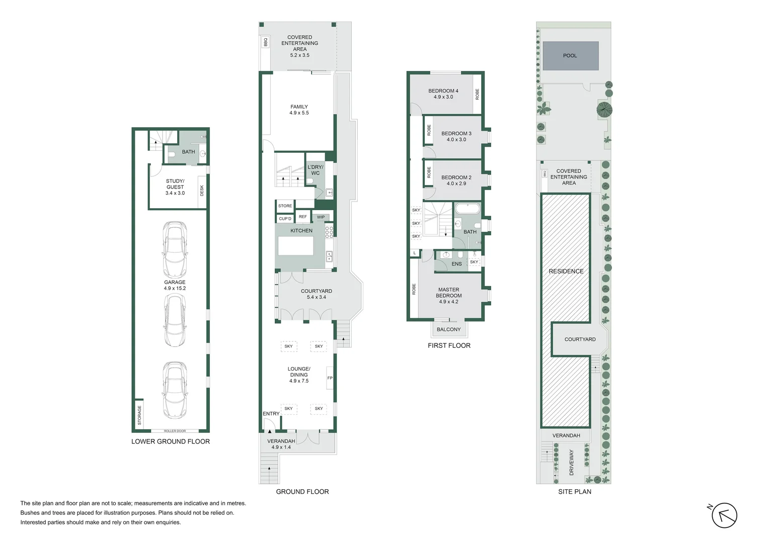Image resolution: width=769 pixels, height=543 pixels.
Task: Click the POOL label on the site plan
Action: click(570, 56)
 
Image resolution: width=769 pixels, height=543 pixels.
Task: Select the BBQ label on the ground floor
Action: click(266, 42)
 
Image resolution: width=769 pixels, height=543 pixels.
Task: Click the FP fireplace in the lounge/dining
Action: click(330, 378)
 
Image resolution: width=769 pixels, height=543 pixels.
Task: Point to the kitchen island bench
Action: click(296, 245)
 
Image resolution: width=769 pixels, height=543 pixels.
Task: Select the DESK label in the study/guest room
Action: click(202, 191)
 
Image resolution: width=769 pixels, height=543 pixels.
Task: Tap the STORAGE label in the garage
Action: click(139, 415)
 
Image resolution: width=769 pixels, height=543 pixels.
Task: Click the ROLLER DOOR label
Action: click(175, 431)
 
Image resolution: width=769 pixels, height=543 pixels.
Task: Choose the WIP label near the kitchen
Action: click(321, 217)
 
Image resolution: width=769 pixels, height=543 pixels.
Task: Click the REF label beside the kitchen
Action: click(302, 217)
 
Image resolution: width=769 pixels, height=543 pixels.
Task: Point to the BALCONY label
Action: click(448, 329)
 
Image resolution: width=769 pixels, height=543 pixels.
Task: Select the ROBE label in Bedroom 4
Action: click(477, 94)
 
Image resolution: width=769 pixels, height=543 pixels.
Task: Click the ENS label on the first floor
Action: click(456, 264)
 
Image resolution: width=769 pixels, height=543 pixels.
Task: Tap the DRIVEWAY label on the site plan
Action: click(571, 463)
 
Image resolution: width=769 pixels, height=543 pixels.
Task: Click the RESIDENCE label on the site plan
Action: click(566, 271)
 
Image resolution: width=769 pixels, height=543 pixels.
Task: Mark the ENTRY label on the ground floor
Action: click(271, 414)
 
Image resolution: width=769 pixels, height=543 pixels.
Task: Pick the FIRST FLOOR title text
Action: click(449, 345)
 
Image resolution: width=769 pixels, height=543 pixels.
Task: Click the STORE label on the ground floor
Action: click(285, 206)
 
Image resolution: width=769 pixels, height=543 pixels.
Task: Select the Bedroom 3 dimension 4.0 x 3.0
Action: click(456, 140)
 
